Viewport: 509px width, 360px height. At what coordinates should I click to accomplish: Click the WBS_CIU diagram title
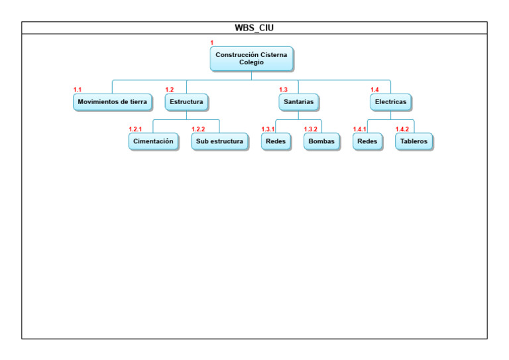click(254, 28)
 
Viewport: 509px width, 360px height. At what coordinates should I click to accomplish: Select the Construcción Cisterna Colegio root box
click(251, 58)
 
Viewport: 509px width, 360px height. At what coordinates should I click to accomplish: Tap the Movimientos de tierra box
click(112, 102)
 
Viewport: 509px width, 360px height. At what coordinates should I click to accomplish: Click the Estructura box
click(186, 102)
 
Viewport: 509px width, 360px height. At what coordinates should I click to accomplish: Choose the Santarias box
click(298, 102)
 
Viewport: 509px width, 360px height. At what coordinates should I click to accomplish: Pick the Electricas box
click(390, 102)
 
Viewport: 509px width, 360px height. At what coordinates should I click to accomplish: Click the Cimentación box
click(153, 141)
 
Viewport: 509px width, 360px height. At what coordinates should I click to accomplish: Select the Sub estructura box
click(219, 141)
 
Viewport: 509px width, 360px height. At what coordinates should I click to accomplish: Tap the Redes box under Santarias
click(275, 141)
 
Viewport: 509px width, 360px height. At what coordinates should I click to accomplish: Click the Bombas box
click(321, 141)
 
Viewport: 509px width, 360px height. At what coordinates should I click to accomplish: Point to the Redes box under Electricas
click(367, 141)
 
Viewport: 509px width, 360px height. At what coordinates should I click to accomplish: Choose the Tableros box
click(414, 141)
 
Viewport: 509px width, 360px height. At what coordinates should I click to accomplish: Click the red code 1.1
click(78, 90)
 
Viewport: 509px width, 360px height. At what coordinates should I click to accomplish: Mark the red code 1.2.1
click(135, 129)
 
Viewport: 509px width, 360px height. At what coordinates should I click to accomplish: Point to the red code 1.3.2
click(310, 129)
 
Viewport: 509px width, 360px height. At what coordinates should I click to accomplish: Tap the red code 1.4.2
click(402, 129)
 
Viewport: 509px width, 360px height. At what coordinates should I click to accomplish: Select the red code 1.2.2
click(198, 129)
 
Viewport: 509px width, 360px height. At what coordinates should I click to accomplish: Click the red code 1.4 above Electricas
click(374, 90)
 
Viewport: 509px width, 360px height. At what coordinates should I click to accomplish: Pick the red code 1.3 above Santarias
click(283, 90)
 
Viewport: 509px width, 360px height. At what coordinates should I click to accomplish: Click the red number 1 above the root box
click(212, 42)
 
